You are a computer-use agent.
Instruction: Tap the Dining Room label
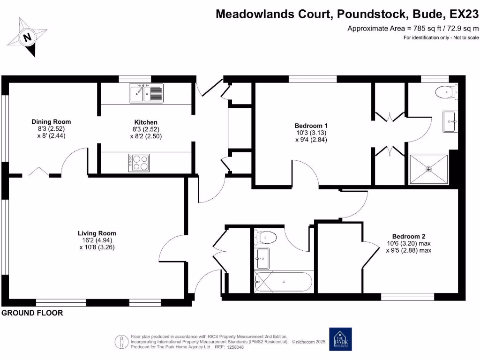click(52, 122)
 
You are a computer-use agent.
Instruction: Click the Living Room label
click(97, 233)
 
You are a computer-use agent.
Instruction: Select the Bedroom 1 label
click(311, 126)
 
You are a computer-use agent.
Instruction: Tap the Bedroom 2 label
click(408, 236)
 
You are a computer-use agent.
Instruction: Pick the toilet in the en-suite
click(443, 92)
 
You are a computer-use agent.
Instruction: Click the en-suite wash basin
click(450, 122)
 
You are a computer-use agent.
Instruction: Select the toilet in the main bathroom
click(266, 237)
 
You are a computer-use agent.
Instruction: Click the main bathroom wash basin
click(262, 258)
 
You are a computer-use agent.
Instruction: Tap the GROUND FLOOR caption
click(32, 313)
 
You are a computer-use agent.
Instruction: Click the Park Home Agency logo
click(341, 339)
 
